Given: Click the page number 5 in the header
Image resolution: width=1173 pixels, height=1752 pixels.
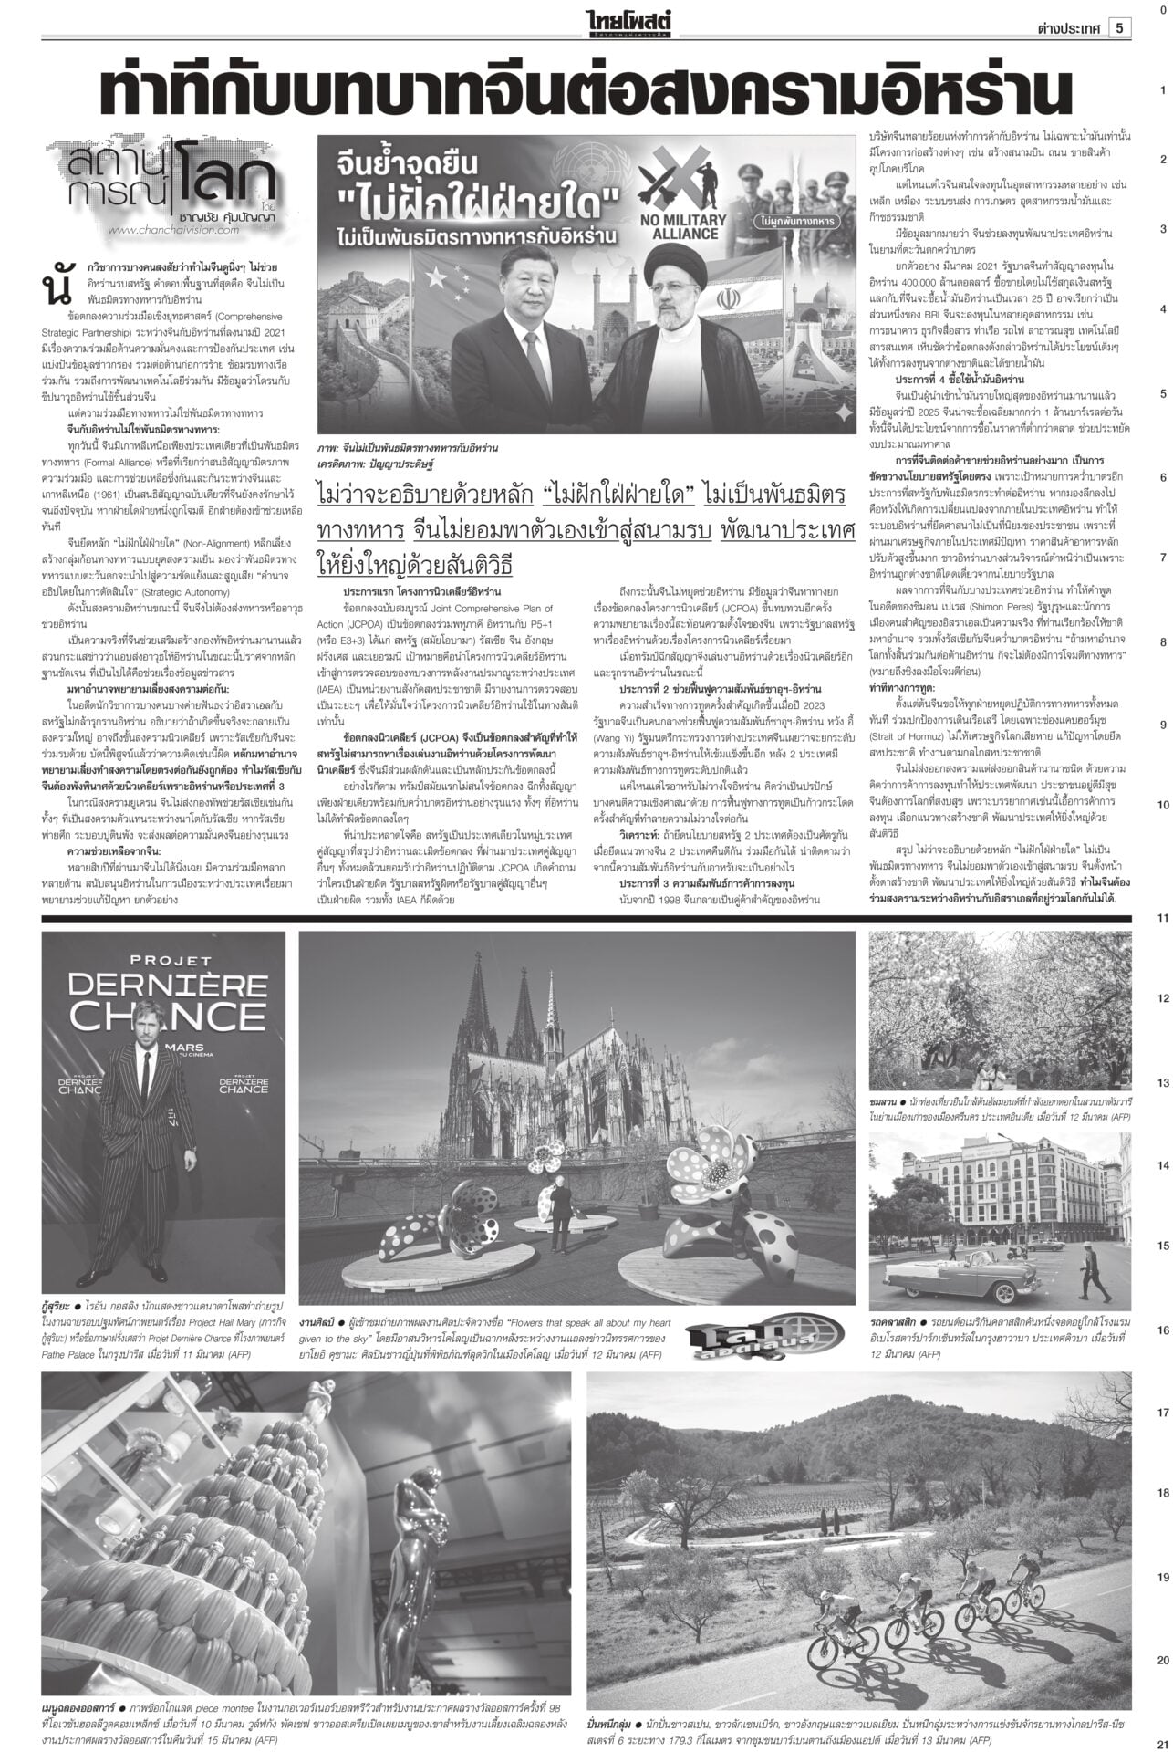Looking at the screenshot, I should (x=1118, y=28).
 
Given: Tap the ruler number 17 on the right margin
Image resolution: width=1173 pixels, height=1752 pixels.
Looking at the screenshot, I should (x=1162, y=1413).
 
